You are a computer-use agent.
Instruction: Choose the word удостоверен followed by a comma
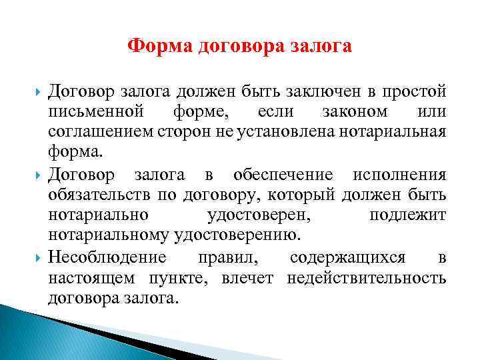[x=260, y=215]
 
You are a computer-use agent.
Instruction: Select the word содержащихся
[x=349, y=257]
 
